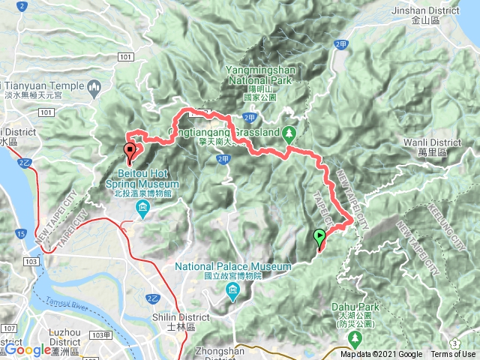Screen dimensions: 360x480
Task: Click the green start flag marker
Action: pyautogui.click(x=319, y=238)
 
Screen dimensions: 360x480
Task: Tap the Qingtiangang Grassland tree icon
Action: pyautogui.click(x=290, y=133)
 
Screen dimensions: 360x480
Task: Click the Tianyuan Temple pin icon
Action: pyautogui.click(x=94, y=90)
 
